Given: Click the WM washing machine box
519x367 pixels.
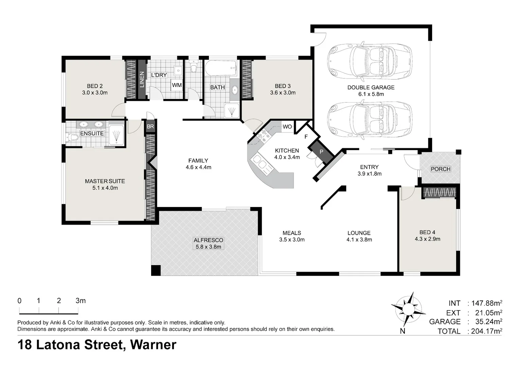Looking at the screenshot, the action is pyautogui.click(x=177, y=85).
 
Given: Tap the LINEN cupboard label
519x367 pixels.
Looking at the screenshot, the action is pyautogui.click(x=142, y=80).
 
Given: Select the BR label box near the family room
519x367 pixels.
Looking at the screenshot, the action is pyautogui.click(x=150, y=126).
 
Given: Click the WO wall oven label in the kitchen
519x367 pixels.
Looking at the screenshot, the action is pyautogui.click(x=287, y=127).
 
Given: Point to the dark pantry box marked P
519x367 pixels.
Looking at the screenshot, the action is pyautogui.click(x=321, y=152).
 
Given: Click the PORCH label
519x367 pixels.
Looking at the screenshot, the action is pyautogui.click(x=441, y=169).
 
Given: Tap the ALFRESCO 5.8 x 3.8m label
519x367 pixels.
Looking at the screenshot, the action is pyautogui.click(x=208, y=243).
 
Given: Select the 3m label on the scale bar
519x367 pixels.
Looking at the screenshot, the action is pyautogui.click(x=80, y=301).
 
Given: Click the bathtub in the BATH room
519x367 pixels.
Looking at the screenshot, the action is pyautogui.click(x=220, y=68).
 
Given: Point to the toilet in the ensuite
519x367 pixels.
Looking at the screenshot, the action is pyautogui.click(x=71, y=138).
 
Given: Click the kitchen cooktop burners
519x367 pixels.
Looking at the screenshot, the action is pyautogui.click(x=264, y=136).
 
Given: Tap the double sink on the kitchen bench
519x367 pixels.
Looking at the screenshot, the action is pyautogui.click(x=260, y=162).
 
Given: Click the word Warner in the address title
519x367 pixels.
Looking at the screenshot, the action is pyautogui.click(x=153, y=345).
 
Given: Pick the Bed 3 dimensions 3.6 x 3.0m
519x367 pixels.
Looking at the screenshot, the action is pyautogui.click(x=283, y=93).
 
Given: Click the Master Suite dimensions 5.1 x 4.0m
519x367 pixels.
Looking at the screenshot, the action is pyautogui.click(x=105, y=188).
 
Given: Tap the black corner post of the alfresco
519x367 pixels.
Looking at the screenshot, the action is pyautogui.click(x=156, y=270).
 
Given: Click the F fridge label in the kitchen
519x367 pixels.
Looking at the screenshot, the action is pyautogui.click(x=306, y=137).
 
